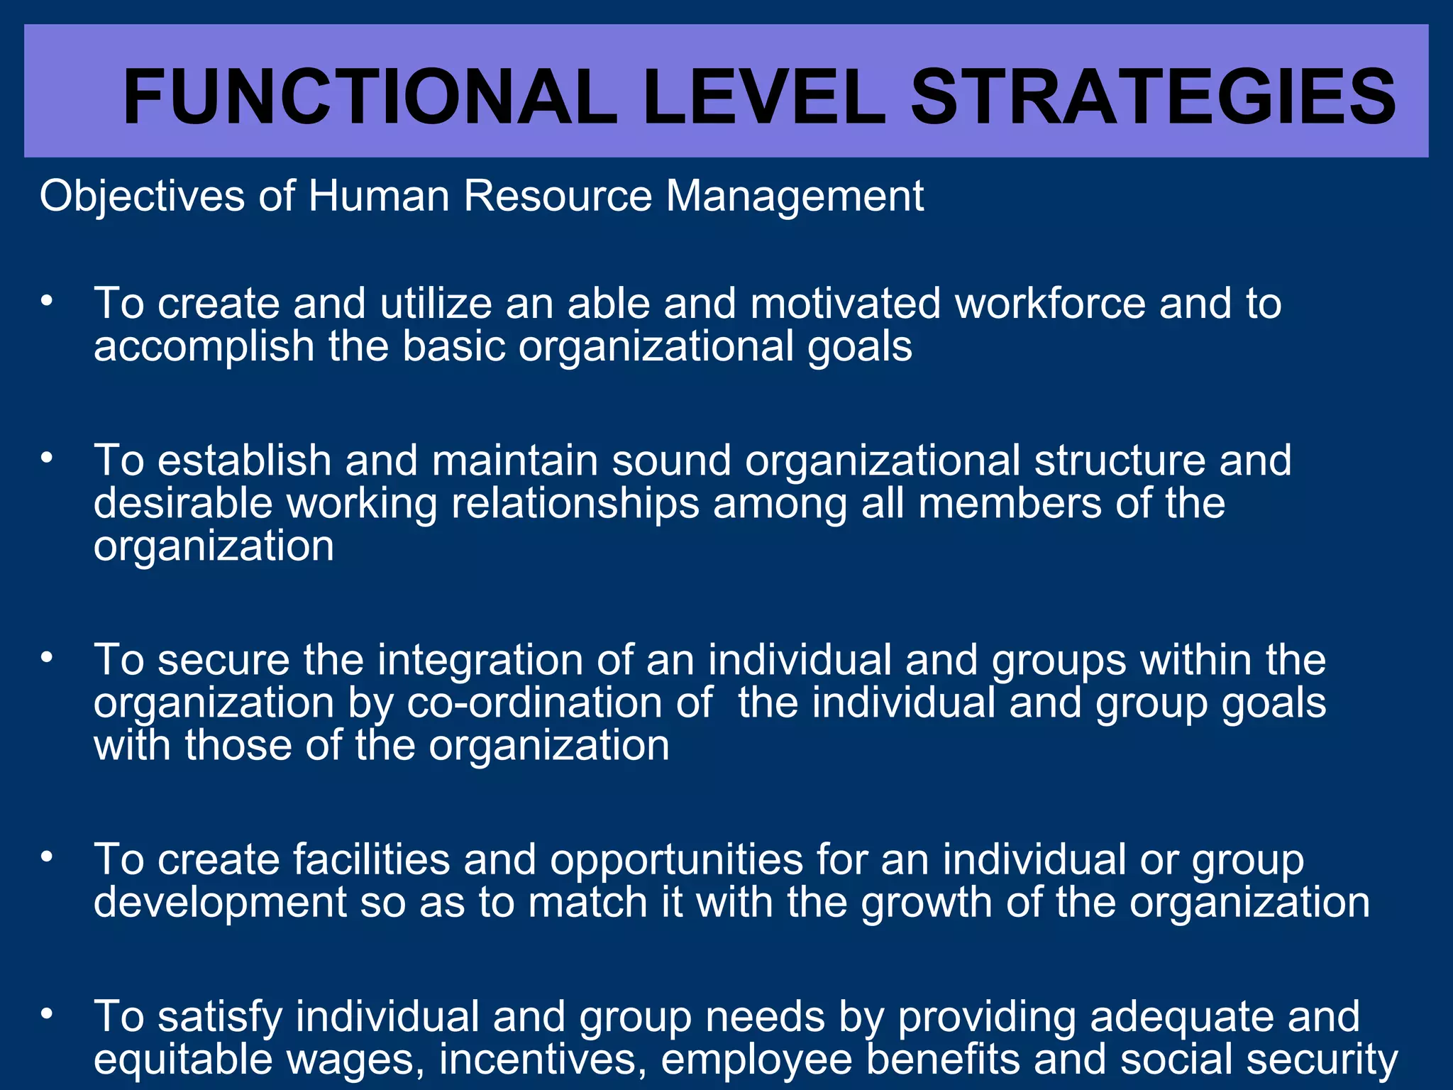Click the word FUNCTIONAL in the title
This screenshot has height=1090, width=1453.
click(x=370, y=97)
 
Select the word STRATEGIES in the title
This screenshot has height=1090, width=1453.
click(x=1153, y=97)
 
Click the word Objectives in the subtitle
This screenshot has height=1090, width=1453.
click(x=142, y=197)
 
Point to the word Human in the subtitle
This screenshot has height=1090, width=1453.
click(x=379, y=197)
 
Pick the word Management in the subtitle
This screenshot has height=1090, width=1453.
click(x=795, y=197)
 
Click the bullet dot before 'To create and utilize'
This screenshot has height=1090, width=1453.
click(x=47, y=301)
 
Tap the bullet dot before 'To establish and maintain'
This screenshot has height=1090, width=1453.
click(x=47, y=458)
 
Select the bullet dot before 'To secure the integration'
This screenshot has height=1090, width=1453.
click(x=47, y=657)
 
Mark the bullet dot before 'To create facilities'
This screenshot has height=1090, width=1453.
click(x=47, y=857)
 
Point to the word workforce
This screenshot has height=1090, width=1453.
click(x=1050, y=304)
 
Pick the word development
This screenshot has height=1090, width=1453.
click(x=220, y=903)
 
